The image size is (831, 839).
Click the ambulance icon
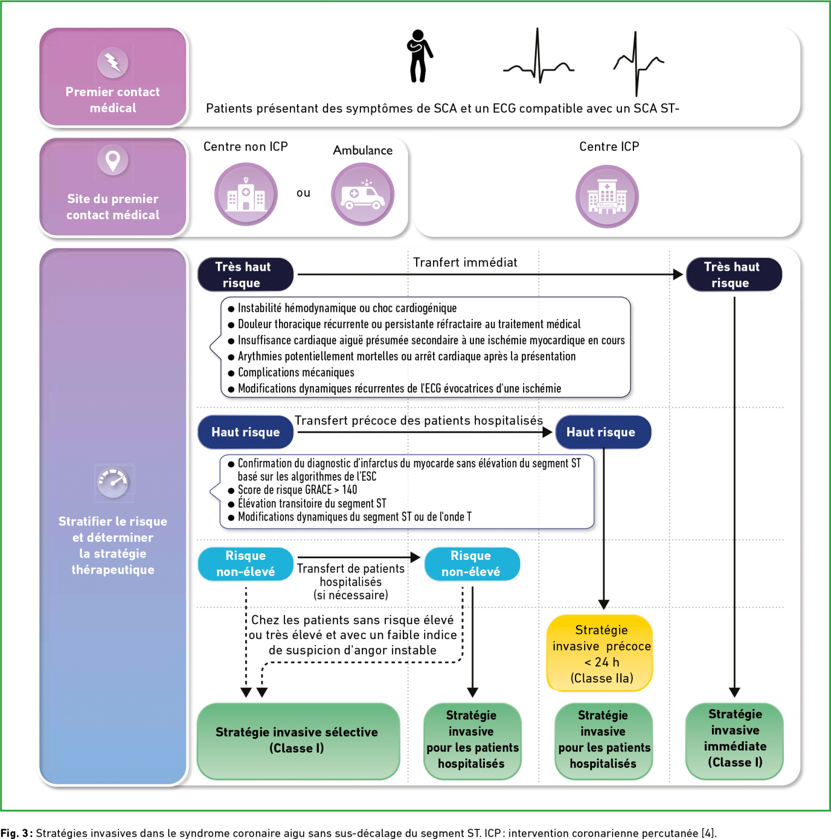tap(363, 194)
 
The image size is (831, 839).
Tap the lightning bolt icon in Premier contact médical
tap(113, 62)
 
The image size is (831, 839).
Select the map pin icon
tap(113, 161)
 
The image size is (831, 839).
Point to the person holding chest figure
tap(419, 56)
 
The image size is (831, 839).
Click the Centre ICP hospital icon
tap(607, 197)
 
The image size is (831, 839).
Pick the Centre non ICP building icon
tap(246, 194)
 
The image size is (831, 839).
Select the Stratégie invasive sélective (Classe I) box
tap(298, 741)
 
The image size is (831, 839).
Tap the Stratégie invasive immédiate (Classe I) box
tap(735, 741)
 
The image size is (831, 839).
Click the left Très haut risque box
tap(245, 274)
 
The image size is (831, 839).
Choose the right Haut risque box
tap(603, 432)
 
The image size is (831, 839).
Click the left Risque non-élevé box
tap(245, 564)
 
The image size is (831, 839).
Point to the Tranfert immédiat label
tap(465, 262)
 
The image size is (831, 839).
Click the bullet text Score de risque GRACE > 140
tap(297, 490)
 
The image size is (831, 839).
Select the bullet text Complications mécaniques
tap(296, 373)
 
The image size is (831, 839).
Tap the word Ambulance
tap(363, 150)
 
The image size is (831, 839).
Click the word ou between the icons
tap(304, 193)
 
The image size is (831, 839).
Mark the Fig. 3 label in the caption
tap(16, 833)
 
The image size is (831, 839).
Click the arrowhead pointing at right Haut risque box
tap(547, 432)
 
